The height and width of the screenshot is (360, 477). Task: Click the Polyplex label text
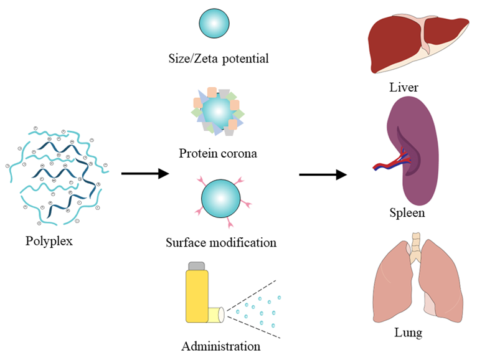49,240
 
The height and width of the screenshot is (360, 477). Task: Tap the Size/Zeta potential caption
219,60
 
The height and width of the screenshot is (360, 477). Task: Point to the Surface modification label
221,242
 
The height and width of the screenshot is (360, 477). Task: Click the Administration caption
221,346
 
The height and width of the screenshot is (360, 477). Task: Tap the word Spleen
407,213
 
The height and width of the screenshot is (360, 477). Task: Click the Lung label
408,333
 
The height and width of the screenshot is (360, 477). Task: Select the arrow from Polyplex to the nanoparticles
144,173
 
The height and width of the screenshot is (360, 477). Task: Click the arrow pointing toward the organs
323,174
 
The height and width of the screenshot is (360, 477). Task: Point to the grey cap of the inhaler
197,267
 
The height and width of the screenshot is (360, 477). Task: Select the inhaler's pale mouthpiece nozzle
216,315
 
